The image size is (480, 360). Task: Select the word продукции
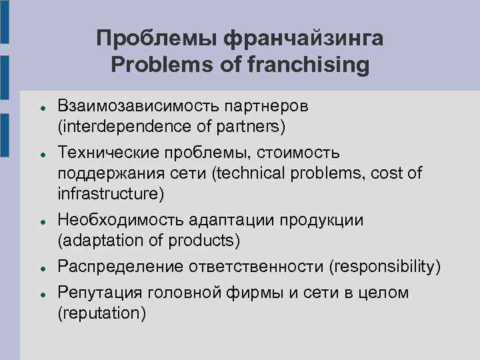point(321,220)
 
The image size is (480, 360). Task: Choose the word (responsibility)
point(385,267)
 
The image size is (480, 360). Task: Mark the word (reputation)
point(101,313)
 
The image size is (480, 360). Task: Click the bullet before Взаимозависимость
point(41,107)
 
